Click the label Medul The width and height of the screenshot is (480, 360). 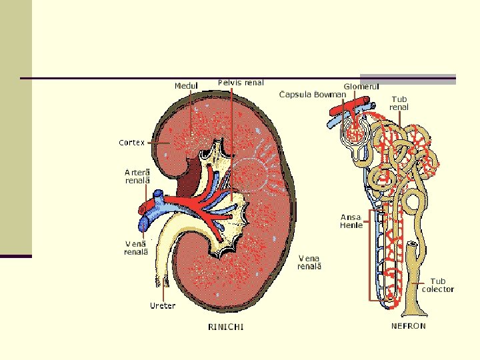[x=187, y=85]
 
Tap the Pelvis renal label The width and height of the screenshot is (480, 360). [x=241, y=83]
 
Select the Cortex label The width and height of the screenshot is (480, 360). [x=133, y=142]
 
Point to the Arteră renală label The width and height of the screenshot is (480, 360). [x=138, y=176]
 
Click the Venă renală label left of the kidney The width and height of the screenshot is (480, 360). [x=136, y=247]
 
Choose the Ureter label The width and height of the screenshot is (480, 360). [x=163, y=306]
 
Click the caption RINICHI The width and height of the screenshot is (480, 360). [x=226, y=327]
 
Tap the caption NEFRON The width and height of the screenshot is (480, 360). [x=408, y=326]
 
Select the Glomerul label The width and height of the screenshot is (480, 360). [x=361, y=86]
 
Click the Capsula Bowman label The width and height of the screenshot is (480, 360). [x=313, y=95]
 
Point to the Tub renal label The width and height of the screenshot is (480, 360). [x=399, y=103]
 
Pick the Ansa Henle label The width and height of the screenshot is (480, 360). [x=351, y=221]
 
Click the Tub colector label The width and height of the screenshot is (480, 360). [x=438, y=285]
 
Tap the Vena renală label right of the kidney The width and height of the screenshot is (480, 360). [x=310, y=262]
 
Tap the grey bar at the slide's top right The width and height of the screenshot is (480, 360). [x=407, y=79]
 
